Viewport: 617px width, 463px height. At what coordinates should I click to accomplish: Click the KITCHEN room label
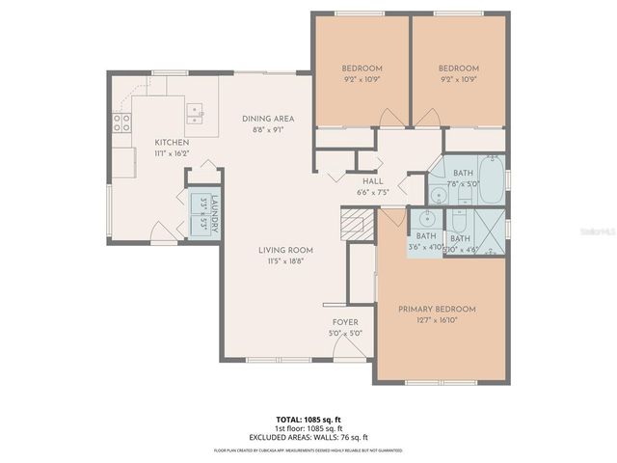tap(173, 142)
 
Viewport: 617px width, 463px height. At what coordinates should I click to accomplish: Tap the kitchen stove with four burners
tap(122, 123)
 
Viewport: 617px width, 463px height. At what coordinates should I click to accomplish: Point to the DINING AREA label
tap(267, 119)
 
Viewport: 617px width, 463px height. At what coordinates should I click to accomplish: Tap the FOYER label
tap(345, 323)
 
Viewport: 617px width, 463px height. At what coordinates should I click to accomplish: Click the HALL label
tap(373, 180)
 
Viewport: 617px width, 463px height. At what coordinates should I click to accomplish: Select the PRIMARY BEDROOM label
tap(437, 309)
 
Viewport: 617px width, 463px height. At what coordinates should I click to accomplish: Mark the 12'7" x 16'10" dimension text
tap(437, 320)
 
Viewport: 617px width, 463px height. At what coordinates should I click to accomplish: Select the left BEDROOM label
tap(362, 68)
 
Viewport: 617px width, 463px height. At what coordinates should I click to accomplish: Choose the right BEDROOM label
tap(458, 68)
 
